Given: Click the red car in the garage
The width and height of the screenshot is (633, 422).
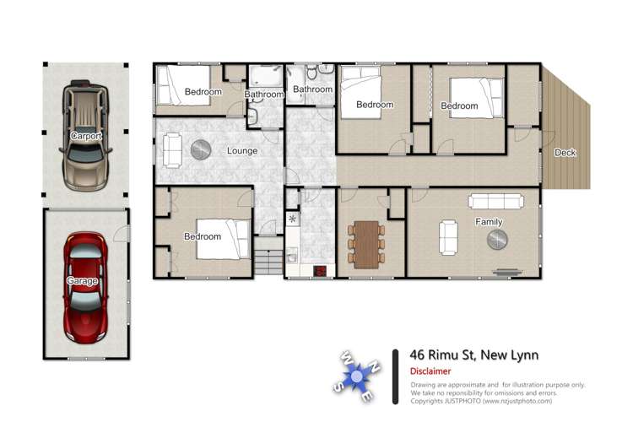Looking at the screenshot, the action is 85,287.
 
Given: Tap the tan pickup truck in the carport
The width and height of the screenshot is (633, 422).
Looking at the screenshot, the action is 85,136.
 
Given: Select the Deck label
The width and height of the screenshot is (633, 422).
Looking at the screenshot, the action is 565,153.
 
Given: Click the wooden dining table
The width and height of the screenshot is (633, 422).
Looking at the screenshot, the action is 366,244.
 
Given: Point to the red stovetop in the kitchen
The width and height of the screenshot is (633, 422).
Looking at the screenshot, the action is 320,271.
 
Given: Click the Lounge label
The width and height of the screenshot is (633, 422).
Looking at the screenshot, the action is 242,150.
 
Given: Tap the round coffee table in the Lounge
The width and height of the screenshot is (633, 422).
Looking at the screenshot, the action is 201,150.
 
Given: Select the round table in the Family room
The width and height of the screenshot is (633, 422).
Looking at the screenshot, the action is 497,240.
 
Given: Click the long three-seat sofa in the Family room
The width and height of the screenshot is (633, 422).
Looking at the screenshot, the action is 496,201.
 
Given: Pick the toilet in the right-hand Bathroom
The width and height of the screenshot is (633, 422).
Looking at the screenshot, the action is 311,73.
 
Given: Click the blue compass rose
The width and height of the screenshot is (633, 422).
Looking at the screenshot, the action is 357,376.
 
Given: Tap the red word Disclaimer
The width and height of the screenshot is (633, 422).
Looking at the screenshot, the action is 430,371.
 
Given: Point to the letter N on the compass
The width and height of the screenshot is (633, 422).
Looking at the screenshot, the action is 375,366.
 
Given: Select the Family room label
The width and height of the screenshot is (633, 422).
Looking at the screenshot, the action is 489,222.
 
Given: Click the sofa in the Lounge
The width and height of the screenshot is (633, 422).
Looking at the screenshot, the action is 172,150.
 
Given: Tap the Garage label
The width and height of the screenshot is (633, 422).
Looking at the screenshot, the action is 82,280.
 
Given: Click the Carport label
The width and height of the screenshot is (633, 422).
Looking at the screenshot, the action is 85,136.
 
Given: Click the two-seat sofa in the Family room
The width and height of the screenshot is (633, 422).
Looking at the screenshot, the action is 448,237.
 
